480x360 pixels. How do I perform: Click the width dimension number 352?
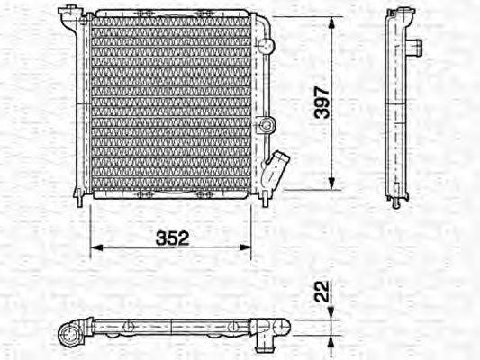(171, 238)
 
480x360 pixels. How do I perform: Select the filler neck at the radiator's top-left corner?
(68, 13)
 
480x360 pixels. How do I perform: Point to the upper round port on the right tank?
(264, 44)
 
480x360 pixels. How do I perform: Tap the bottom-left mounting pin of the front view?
(80, 200)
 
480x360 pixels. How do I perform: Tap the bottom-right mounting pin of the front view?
(265, 200)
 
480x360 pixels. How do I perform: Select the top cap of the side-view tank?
(397, 13)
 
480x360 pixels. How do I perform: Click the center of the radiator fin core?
(171, 103)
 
